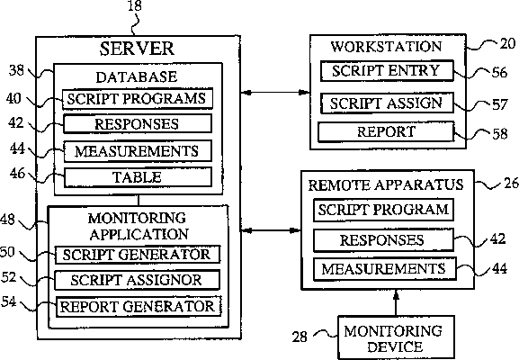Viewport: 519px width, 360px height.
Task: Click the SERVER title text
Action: click(137, 49)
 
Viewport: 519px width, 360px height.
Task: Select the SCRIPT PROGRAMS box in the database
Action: click(138, 99)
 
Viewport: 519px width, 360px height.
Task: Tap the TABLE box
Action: click(138, 177)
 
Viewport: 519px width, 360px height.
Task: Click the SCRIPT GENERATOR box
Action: click(138, 255)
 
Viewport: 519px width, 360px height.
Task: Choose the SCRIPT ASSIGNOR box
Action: click(137, 280)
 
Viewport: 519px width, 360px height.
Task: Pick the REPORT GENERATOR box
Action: click(139, 306)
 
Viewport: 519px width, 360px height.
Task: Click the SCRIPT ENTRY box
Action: click(387, 70)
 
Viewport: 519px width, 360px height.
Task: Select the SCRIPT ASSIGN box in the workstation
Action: click(387, 103)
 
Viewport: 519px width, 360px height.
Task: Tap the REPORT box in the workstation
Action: click(386, 131)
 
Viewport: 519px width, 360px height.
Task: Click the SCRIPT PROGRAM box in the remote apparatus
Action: click(383, 210)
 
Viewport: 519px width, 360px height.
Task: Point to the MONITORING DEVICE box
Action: click(396, 337)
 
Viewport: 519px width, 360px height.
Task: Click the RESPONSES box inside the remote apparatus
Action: click(383, 239)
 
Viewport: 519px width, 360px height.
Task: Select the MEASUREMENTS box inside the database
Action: click(138, 151)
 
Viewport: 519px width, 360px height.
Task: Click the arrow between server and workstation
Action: click(275, 93)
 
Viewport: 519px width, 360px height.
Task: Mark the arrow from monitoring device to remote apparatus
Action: click(396, 302)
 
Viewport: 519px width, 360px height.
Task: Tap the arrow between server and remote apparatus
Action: click(271, 230)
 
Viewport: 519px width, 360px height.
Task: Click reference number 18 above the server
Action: click(134, 5)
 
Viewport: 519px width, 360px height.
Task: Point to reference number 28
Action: click(300, 337)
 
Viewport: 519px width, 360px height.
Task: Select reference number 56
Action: click(499, 72)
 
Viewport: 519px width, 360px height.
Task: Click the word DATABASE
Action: click(137, 77)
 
